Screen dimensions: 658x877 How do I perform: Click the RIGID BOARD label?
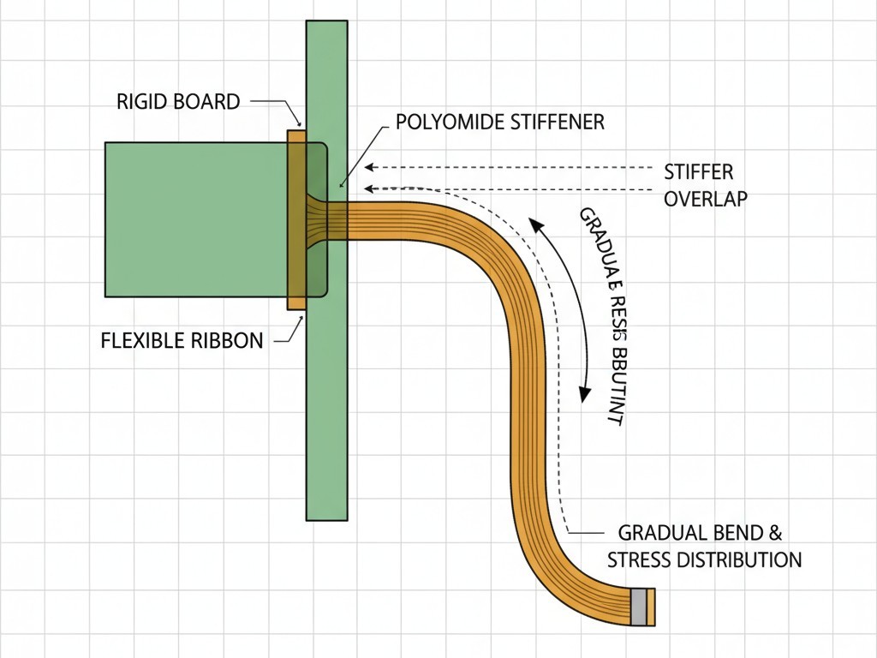coord(178,102)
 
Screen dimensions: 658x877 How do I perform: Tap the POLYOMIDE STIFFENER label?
coord(500,122)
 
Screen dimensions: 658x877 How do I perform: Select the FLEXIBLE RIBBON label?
coord(182,340)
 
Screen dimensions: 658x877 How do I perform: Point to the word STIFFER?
coord(699,172)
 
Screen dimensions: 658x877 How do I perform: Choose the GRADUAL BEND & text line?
coord(700,533)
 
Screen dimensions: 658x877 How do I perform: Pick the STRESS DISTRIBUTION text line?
coord(704,560)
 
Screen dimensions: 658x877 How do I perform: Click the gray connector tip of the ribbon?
coord(639,606)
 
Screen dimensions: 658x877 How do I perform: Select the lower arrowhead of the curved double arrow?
coord(584,395)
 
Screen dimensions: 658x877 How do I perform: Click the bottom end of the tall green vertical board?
coord(327,516)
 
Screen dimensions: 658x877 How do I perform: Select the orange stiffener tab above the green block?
coord(296,135)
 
